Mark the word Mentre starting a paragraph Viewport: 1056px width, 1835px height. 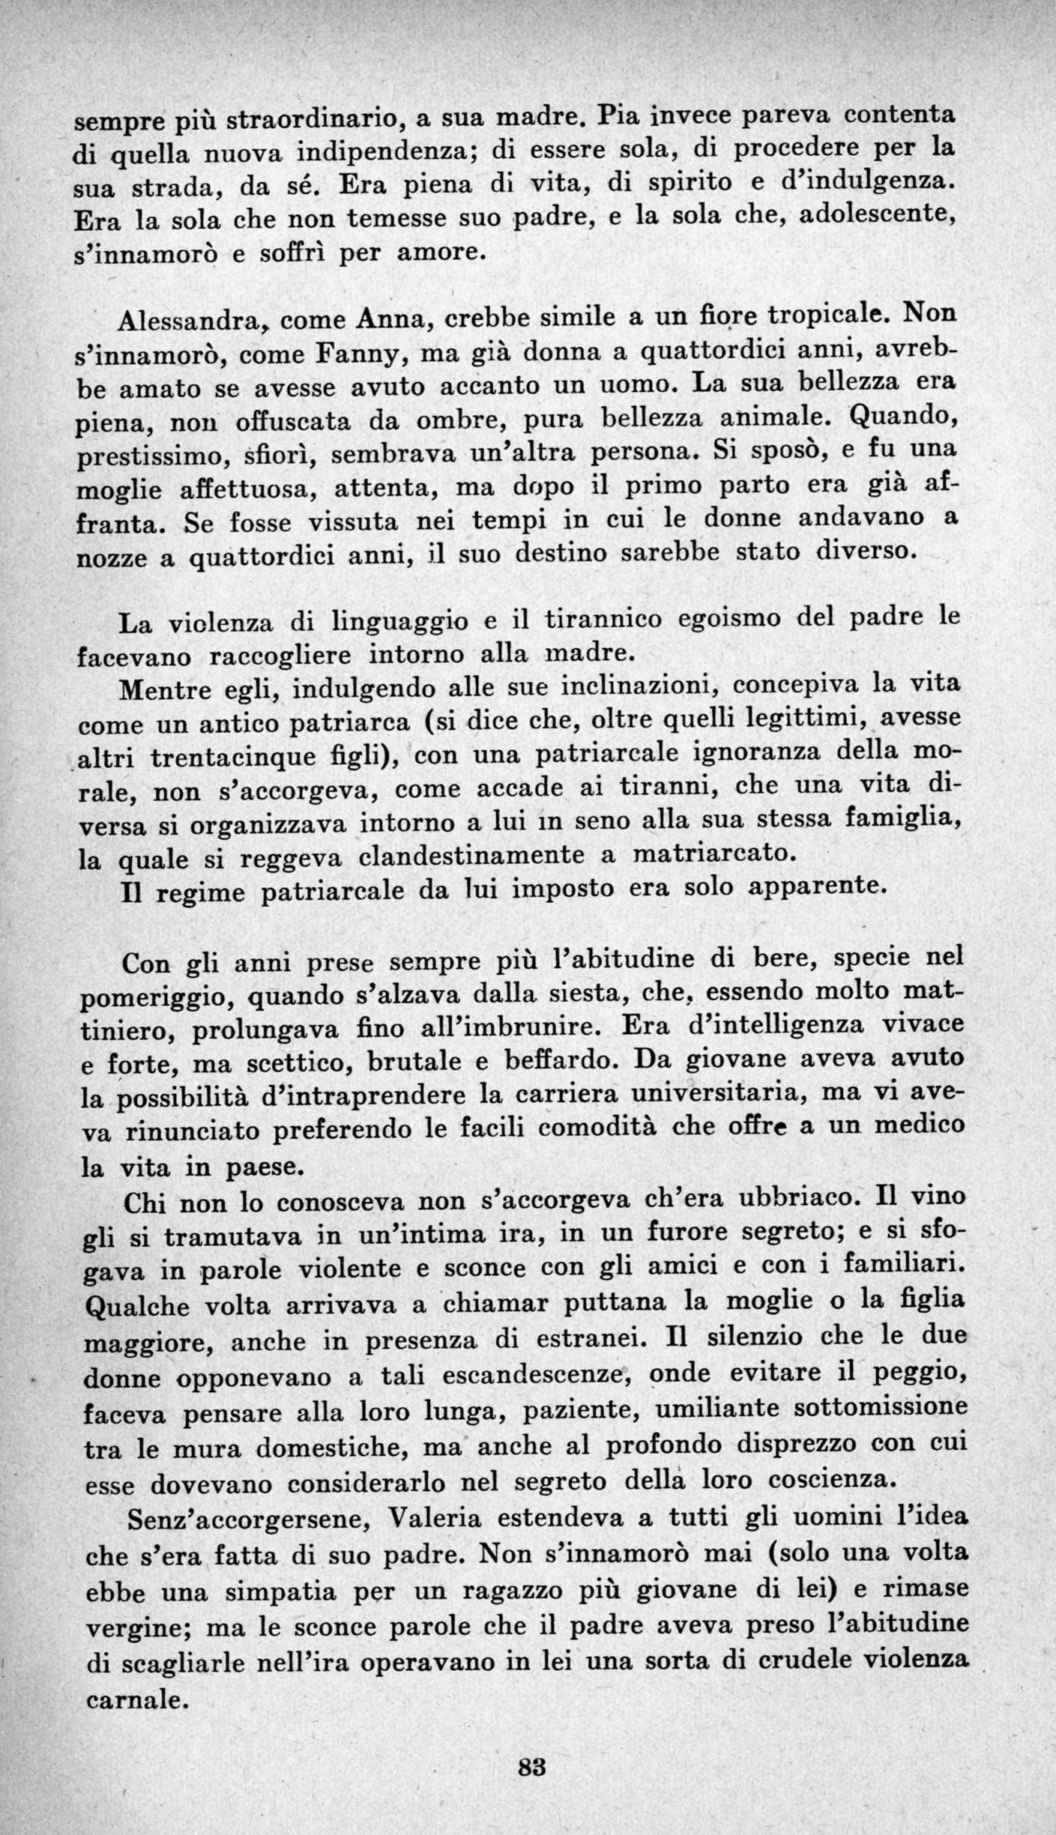point(165,690)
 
